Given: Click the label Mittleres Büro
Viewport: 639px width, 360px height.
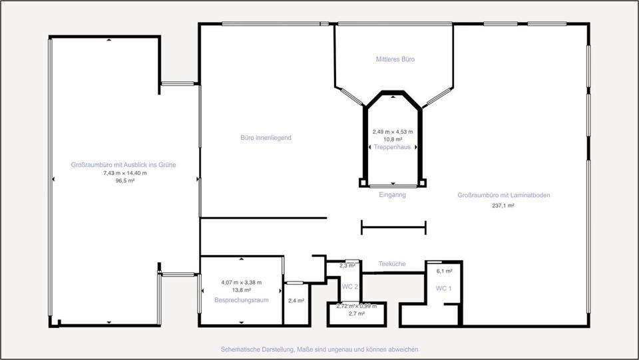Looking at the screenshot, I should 395,59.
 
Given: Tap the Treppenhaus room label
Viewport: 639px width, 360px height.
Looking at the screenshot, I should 393,146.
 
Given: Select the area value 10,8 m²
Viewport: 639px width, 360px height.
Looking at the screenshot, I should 393,139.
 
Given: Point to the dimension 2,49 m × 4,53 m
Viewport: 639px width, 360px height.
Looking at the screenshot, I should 393,132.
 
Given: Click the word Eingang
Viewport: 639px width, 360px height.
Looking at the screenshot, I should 392,195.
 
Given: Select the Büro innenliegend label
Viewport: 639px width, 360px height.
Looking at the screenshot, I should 266,138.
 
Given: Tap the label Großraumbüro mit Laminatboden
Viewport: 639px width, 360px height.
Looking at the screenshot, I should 503,196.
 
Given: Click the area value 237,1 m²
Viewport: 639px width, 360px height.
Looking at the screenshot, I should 503,206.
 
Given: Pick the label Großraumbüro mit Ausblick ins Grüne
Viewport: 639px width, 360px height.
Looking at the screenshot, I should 124,164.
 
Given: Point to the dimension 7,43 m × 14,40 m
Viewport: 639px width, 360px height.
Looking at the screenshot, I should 125,172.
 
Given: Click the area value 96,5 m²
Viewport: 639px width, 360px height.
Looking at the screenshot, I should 125,180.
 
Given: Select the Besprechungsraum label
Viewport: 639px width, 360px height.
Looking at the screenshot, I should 241,300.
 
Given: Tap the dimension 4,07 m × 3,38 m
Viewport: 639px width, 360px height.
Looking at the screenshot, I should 241,282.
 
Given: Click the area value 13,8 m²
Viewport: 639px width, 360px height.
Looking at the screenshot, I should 241,290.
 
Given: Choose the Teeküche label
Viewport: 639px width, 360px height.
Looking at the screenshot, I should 392,264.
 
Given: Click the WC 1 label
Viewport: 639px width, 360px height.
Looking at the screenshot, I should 444,288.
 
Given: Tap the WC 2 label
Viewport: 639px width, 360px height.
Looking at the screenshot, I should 350,287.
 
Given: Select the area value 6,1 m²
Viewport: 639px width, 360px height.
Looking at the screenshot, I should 444,271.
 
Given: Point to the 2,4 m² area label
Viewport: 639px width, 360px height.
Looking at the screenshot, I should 296,301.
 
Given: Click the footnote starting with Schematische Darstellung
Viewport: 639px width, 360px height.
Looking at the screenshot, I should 319,349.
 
